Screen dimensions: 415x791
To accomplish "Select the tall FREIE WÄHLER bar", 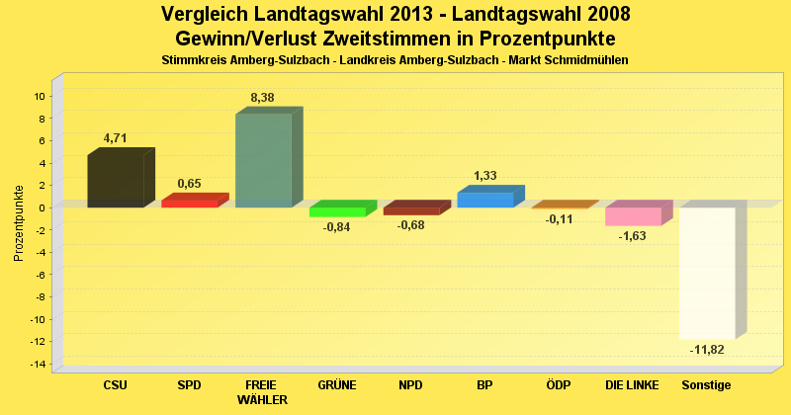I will tap(263, 160).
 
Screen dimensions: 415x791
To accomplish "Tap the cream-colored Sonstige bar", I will tap(707, 273).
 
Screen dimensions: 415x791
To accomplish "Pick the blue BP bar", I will tap(484, 200).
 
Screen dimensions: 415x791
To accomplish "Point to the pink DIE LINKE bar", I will tap(633, 216).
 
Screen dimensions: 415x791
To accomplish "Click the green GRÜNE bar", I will tap(337, 211).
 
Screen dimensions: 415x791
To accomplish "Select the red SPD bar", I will tap(189, 204).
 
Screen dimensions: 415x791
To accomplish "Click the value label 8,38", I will tap(263, 97).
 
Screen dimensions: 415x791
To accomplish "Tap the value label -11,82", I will tap(706, 350).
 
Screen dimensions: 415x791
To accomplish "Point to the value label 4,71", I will tap(116, 138).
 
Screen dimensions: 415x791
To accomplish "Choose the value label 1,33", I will tap(485, 176).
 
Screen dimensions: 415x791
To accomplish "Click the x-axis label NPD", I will tap(411, 385).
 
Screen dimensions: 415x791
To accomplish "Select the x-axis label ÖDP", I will tap(559, 385).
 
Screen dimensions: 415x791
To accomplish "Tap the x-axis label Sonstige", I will tap(706, 385).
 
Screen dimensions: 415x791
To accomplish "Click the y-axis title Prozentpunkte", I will tap(19, 222).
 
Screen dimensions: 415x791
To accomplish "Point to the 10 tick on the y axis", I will tap(40, 97).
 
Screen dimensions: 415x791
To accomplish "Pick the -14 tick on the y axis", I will tap(38, 365).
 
